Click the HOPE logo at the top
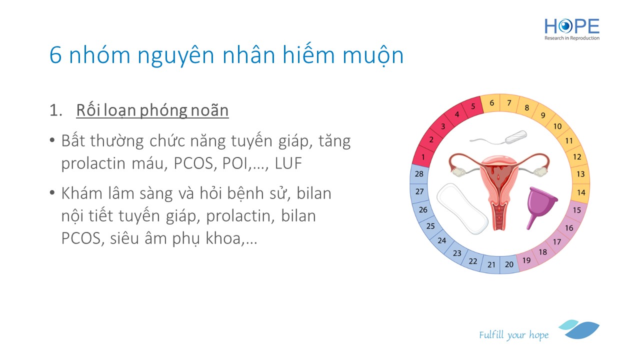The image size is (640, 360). tap(571, 29)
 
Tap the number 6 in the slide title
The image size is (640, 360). tap(55, 55)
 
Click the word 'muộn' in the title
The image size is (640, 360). tap(373, 55)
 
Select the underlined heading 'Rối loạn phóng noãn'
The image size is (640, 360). tap(152, 110)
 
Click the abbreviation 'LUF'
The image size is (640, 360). tap(288, 163)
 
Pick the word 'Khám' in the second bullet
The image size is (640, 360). tap(81, 193)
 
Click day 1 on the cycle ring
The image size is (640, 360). tap(423, 157)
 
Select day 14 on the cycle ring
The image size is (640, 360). tap(581, 192)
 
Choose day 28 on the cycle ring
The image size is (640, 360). tap(419, 173)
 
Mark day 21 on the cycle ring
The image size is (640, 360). tap(491, 265)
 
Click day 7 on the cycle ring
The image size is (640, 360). tap(509, 103)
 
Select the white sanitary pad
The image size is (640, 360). tap(462, 208)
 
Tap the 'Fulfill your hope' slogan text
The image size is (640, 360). tap(513, 335)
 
